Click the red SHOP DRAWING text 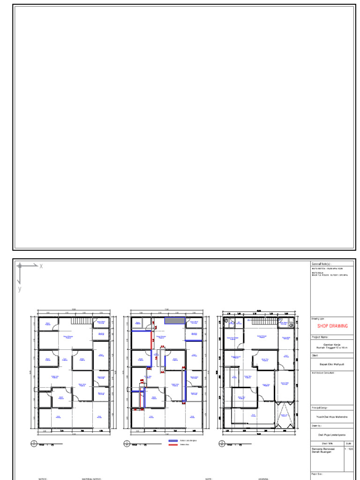pos(333,326)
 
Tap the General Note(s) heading pos(322,264)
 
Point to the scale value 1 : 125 pos(348,449)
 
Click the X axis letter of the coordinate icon pos(41,266)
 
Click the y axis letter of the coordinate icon pos(20,289)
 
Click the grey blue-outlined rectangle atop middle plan pos(173,321)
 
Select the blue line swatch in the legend pos(173,441)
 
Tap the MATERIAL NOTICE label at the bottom pos(91,479)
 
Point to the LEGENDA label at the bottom pos(262,479)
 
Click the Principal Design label pos(322,408)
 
